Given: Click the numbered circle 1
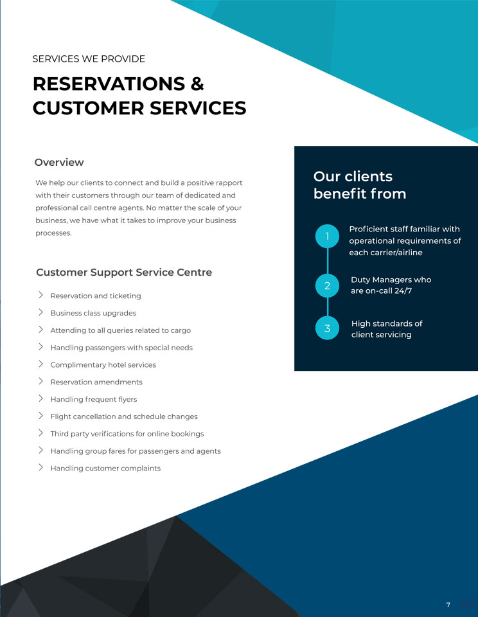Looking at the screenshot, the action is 327,236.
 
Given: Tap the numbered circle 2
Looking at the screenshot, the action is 327,285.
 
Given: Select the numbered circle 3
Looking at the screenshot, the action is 327,328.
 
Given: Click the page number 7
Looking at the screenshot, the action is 448,605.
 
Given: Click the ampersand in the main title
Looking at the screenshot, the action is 197,84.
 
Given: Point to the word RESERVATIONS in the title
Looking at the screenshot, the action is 109,84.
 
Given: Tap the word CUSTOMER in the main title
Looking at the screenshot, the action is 88,108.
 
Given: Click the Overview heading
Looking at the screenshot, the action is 59,162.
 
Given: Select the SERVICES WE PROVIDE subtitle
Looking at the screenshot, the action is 89,59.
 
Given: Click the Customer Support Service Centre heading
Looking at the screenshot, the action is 124,273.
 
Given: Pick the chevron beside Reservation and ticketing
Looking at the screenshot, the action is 40,295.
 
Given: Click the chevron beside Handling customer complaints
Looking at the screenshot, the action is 40,467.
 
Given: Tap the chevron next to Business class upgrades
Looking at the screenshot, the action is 40,312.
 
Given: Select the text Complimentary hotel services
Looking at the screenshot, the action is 103,365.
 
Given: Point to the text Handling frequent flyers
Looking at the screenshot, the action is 94,399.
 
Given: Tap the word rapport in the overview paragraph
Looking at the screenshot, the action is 228,183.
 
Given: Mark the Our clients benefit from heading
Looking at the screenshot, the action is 360,185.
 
